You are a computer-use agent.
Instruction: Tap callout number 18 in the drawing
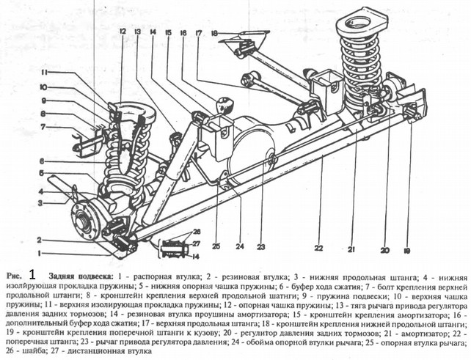[x=214, y=33]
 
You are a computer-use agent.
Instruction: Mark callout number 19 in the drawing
[x=426, y=249]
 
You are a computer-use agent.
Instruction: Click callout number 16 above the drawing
[x=183, y=33]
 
